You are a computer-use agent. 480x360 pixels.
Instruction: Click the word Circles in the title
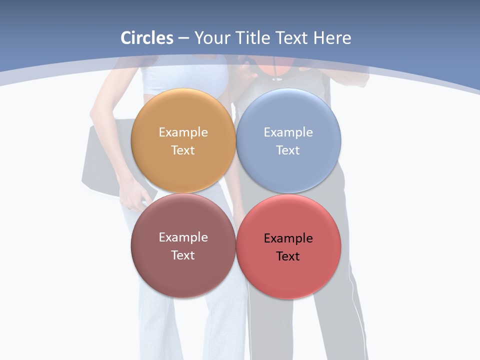point(147,38)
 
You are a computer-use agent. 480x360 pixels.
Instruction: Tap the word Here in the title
point(332,38)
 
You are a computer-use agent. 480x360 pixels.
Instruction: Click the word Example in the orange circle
point(183,132)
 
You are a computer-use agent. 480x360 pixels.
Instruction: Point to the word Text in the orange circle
point(183,150)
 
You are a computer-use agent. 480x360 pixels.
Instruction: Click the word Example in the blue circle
point(288,132)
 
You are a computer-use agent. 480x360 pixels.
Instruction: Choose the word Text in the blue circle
point(288,150)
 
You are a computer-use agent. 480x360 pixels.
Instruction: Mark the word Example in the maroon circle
point(183,237)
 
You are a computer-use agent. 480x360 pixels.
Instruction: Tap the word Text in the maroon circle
point(183,255)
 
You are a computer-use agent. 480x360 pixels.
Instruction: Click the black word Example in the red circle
point(288,238)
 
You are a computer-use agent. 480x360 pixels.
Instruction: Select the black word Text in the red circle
point(288,256)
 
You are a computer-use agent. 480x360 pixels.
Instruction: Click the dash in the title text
point(183,38)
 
